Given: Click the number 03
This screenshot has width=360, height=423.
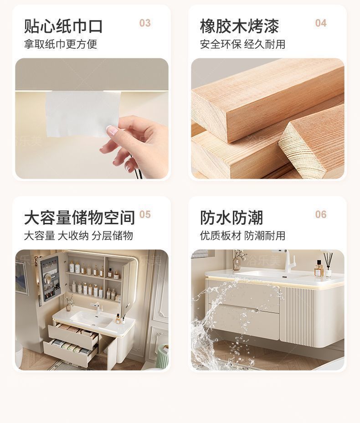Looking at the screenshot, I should [145, 23].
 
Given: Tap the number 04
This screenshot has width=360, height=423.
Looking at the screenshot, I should [321, 23].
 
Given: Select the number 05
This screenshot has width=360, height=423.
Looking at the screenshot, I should [145, 215].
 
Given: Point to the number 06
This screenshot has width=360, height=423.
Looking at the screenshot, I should [321, 215].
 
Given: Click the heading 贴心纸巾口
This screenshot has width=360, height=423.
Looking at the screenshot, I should [63, 26].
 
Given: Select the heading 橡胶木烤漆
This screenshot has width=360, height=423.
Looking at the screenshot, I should [239, 26].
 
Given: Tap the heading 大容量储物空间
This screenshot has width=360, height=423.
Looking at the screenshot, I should [79, 218].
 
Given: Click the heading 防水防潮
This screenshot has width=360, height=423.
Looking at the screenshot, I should [231, 218].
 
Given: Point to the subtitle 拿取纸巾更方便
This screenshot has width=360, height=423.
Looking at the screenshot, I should [61, 44].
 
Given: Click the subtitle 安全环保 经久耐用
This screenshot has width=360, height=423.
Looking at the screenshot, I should [242, 44].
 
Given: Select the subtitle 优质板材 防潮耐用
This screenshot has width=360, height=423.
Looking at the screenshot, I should [242, 236].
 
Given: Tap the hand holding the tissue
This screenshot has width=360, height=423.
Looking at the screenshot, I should [137, 141].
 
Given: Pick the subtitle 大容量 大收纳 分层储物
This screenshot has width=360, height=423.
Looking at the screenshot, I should [78, 236].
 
